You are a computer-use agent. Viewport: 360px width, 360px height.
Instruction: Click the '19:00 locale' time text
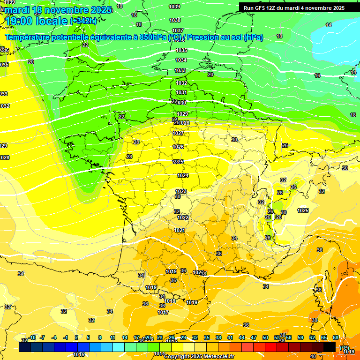click(36, 21)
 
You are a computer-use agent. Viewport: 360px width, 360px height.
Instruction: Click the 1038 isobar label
click(175, 20)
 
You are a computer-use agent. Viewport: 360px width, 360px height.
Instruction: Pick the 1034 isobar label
click(181, 60)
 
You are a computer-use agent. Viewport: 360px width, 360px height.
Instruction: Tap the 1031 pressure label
click(181, 93)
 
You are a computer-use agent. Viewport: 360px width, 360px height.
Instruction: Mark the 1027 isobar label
click(178, 134)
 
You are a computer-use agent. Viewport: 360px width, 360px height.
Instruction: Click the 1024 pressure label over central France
click(183, 176)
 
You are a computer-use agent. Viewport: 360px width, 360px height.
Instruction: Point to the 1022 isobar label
click(183, 217)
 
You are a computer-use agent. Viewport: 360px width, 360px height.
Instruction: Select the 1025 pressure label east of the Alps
click(303, 210)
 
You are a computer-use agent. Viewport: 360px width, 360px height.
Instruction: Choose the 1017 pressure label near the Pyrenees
click(163, 312)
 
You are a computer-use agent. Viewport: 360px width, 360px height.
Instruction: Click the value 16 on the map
click(317, 75)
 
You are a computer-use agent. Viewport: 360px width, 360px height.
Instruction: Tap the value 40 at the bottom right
click(313, 356)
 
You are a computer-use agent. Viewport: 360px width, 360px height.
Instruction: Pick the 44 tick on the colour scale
click(242, 337)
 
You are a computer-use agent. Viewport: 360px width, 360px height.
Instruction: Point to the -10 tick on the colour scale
click(32, 337)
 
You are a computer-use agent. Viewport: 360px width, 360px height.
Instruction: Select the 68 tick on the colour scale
click(336, 337)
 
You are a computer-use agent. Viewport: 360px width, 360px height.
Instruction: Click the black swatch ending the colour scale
click(330, 347)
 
